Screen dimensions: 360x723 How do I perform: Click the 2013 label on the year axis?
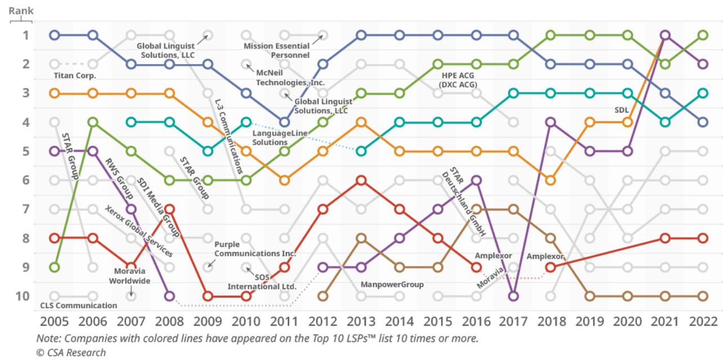click(361, 321)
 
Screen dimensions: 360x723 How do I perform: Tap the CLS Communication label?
click(79, 305)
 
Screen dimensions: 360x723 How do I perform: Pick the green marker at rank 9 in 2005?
click(55, 267)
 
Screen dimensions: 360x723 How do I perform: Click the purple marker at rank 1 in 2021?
click(665, 35)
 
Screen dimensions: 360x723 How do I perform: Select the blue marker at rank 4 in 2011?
click(285, 122)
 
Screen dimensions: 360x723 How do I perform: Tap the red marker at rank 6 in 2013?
click(361, 181)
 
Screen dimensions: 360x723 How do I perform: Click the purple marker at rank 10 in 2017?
click(513, 296)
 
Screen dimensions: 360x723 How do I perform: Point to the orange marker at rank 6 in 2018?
click(551, 181)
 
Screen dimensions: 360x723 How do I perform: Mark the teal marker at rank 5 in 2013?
click(361, 151)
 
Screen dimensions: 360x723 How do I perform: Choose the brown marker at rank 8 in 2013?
click(361, 238)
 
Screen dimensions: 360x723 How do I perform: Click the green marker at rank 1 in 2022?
click(703, 35)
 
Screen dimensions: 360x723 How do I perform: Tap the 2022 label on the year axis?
click(703, 321)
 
